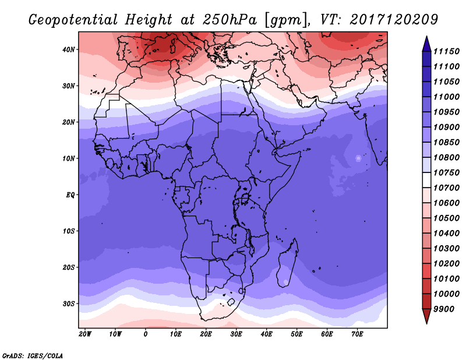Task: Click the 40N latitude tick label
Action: coord(69,50)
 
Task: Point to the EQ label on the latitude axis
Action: coord(70,195)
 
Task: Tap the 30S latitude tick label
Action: coord(69,304)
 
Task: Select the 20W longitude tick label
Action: coord(85,334)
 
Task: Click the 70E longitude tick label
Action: coord(357,334)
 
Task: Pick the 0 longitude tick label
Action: coord(145,334)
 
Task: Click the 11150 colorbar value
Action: coord(446,51)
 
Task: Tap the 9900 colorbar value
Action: coord(444,309)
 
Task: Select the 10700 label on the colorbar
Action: coord(446,188)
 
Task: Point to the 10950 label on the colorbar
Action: coord(446,112)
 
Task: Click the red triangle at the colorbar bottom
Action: coord(426,316)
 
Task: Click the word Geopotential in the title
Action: coord(73,20)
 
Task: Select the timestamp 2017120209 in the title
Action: coord(394,19)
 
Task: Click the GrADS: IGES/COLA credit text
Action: coord(33,355)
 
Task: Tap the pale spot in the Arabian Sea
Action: coord(358,158)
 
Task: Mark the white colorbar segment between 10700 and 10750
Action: coord(426,180)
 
